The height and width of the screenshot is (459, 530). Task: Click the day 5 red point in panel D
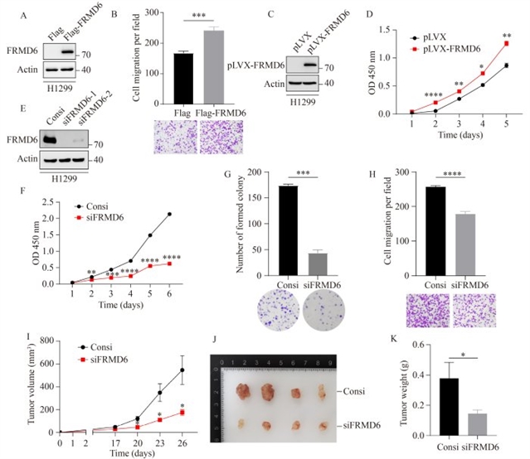[x=506, y=43]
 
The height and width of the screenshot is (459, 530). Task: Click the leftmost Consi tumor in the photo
[x=247, y=392]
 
